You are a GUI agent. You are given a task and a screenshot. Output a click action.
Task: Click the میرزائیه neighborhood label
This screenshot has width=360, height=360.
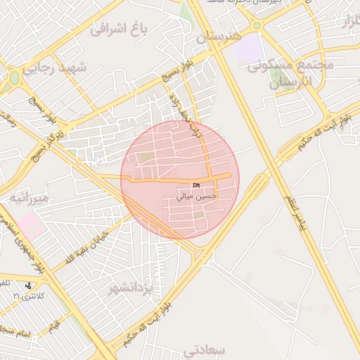(x=29, y=199)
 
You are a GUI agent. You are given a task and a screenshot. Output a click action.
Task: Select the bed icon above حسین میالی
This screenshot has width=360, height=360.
(x=196, y=185)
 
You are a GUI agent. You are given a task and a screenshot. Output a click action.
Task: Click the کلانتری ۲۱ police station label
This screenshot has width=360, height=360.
(x=27, y=296)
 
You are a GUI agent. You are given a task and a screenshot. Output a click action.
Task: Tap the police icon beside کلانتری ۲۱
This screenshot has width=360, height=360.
(x=27, y=285)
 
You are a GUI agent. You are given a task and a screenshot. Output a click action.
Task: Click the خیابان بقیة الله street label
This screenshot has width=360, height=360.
(x=83, y=247)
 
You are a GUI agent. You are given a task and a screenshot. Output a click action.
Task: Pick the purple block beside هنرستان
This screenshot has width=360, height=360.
(x=245, y=49)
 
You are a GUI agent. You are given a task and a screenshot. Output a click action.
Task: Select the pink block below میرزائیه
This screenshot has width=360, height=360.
(x=30, y=225)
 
